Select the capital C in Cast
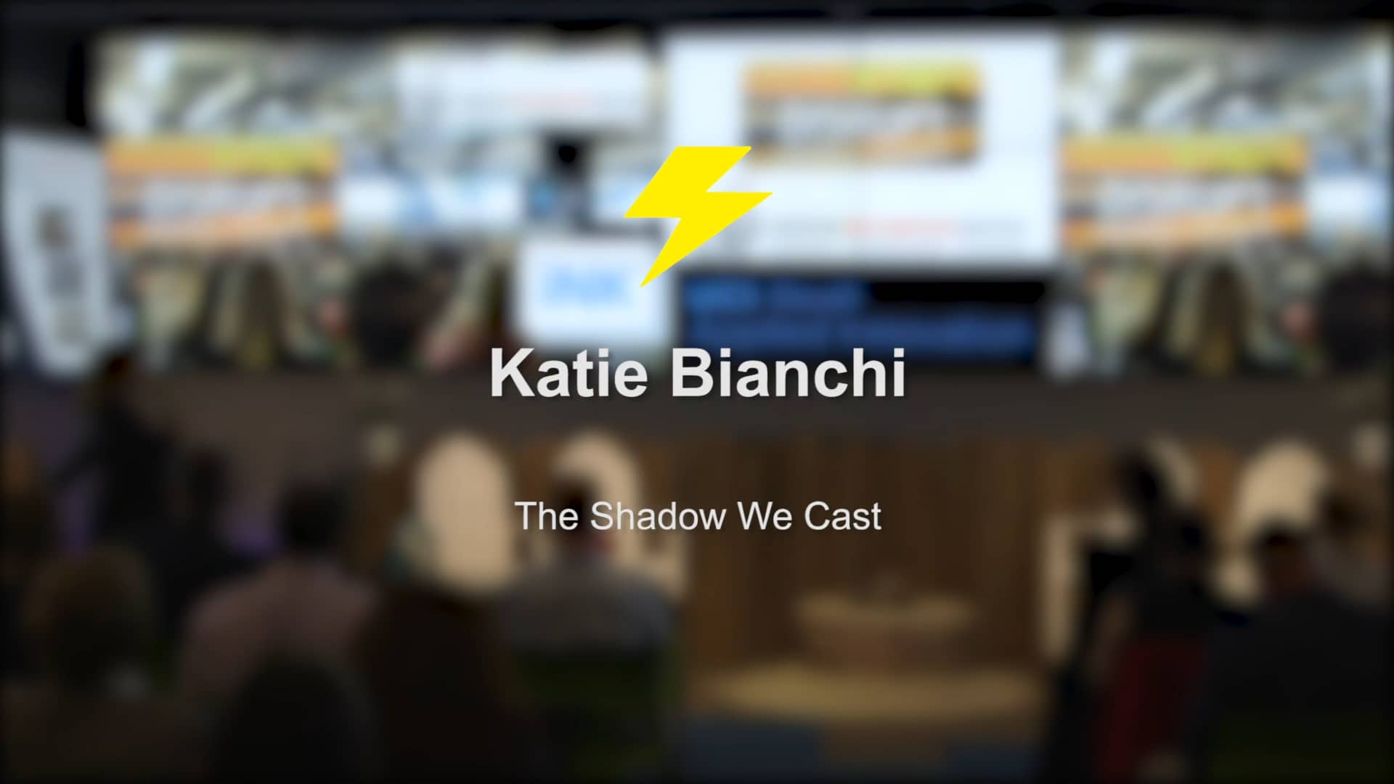coord(815,516)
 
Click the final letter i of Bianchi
coord(898,374)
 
